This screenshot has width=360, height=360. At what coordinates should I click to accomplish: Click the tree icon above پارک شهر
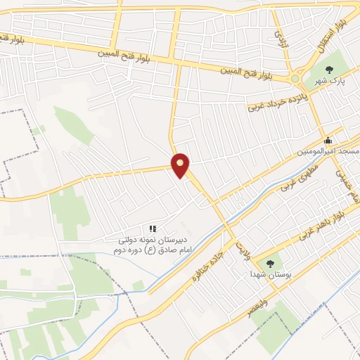tap(330, 69)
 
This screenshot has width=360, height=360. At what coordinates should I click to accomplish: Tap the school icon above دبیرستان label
tap(152, 229)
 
